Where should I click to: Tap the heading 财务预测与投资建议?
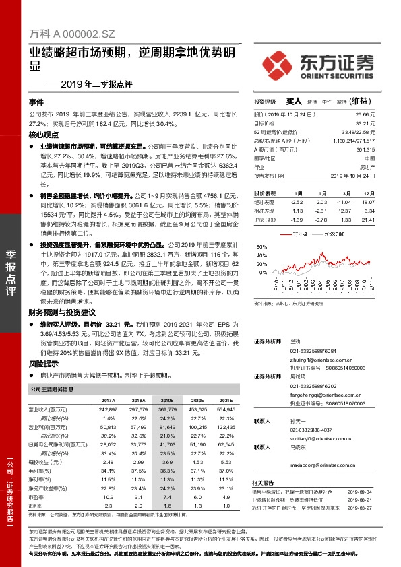[63, 312]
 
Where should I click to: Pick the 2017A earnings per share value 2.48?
[106, 462]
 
